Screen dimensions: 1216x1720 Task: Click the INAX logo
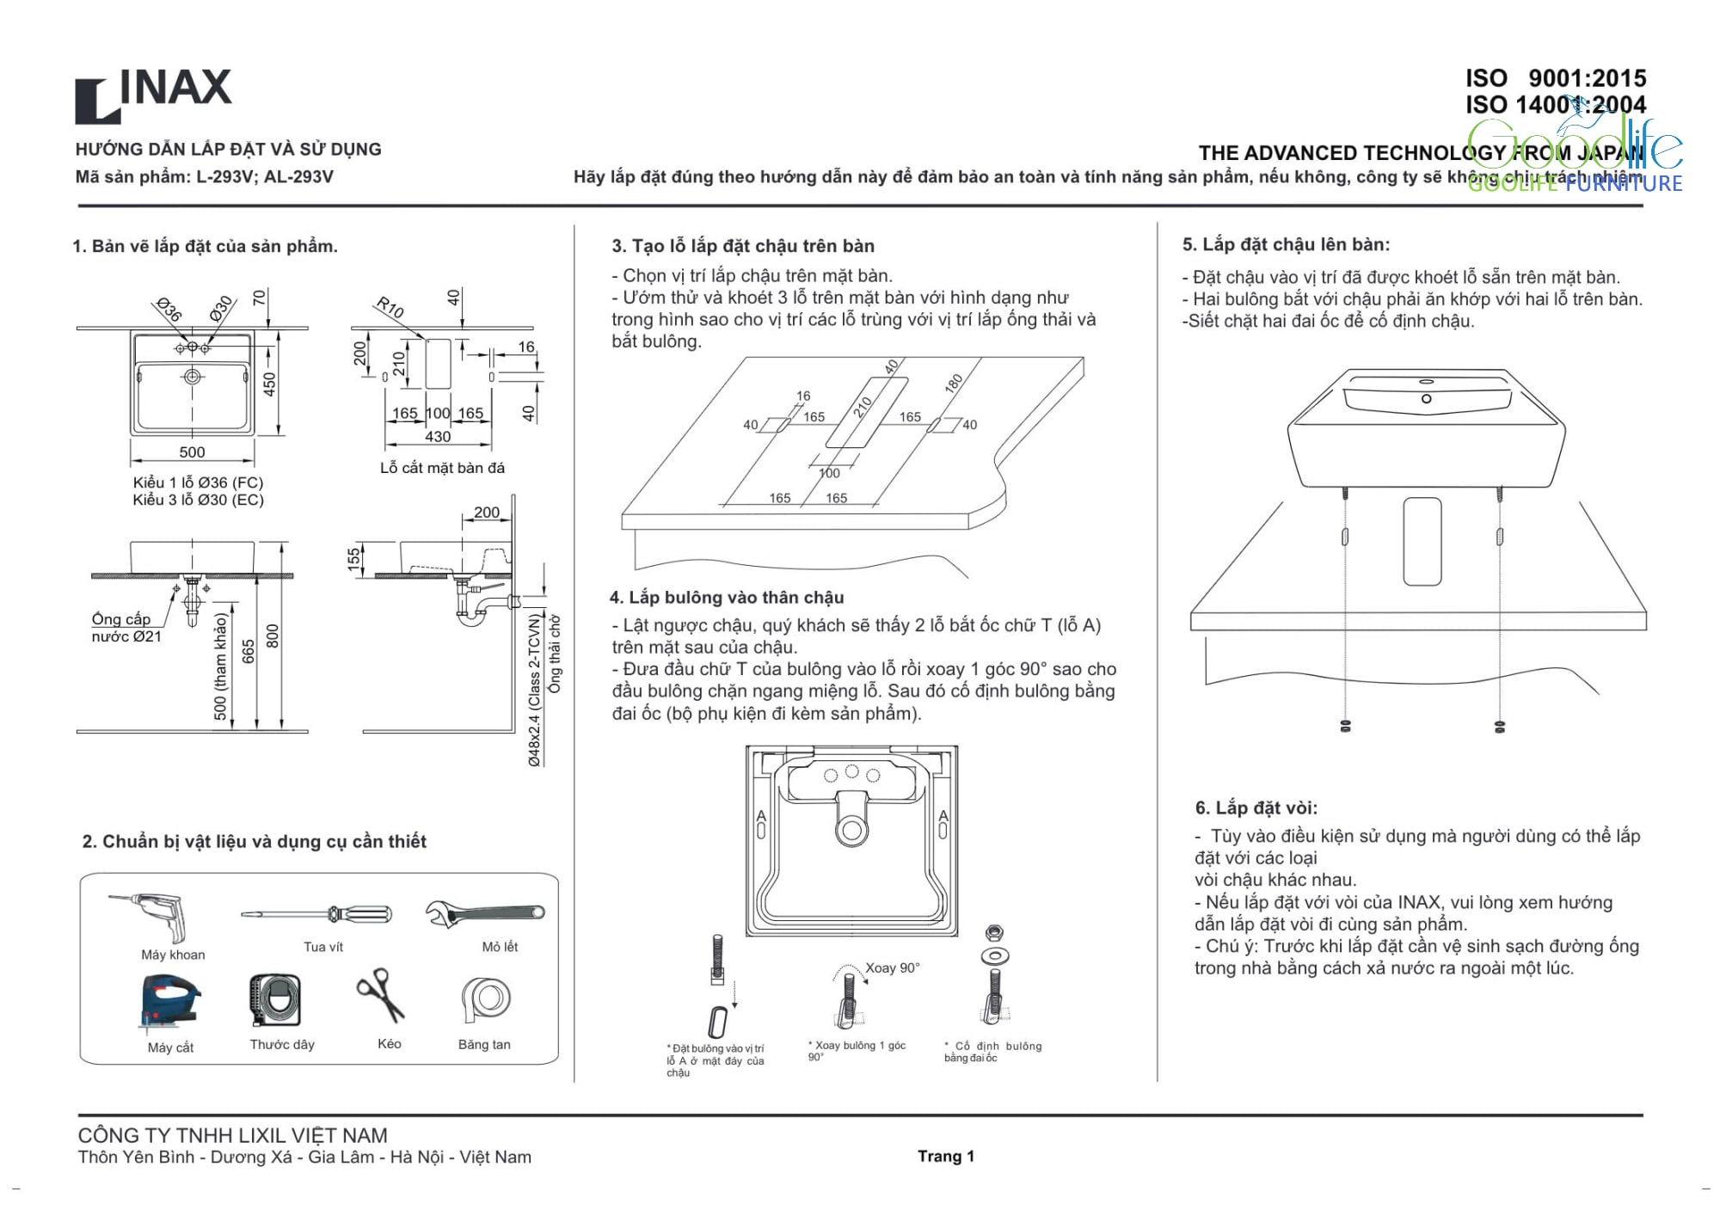pyautogui.click(x=153, y=94)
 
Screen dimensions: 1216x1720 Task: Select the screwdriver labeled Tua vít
pyautogui.click(x=316, y=913)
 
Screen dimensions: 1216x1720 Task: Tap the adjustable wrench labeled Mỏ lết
pyautogui.click(x=485, y=912)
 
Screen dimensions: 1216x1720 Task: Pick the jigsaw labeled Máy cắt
pyautogui.click(x=169, y=1001)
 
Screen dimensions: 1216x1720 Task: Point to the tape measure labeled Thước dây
pyautogui.click(x=275, y=1000)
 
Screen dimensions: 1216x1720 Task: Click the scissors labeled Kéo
pyautogui.click(x=381, y=995)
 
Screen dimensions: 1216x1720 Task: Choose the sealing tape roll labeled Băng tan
pyautogui.click(x=486, y=999)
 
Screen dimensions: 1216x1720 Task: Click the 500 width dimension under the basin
pyautogui.click(x=192, y=452)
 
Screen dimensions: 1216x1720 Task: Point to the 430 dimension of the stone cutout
pyautogui.click(x=438, y=437)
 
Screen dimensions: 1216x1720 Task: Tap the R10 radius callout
pyautogui.click(x=390, y=307)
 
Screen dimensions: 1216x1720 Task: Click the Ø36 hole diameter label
pyautogui.click(x=169, y=310)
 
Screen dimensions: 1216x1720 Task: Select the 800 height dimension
pyautogui.click(x=273, y=636)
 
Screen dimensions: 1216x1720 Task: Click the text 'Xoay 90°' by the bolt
pyautogui.click(x=892, y=967)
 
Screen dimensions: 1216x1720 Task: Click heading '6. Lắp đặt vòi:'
pyautogui.click(x=1256, y=808)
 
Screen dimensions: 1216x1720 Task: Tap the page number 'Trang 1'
pyautogui.click(x=945, y=1156)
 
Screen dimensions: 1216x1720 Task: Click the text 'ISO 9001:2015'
pyautogui.click(x=1555, y=78)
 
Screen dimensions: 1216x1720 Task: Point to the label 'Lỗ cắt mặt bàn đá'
pyautogui.click(x=442, y=468)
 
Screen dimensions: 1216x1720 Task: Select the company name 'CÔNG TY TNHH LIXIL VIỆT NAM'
pyautogui.click(x=233, y=1135)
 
